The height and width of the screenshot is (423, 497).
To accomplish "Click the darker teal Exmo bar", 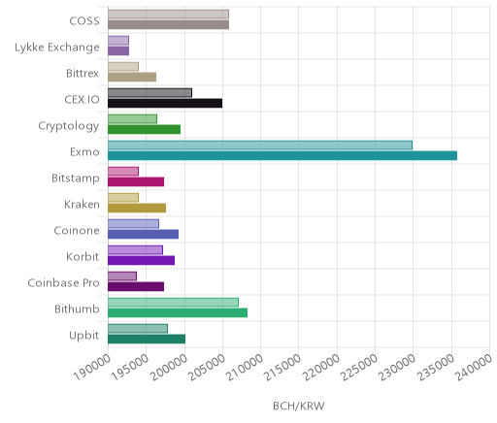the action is point(282,155).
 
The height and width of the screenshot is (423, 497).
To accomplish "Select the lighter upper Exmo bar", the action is point(260,146).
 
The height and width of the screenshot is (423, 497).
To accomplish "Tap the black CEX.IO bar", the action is point(165,103).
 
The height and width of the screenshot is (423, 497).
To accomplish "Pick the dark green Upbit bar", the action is point(147,339).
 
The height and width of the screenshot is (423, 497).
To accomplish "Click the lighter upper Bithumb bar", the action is point(173,303).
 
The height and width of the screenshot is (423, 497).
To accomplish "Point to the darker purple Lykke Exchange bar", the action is point(118,50).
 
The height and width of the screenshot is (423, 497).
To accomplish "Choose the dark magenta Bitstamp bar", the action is point(136,181).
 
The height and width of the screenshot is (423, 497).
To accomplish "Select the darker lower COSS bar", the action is point(169,24).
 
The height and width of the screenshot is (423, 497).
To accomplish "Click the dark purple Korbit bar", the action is point(142,260).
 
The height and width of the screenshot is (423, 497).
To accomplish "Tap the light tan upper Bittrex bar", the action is point(123,67).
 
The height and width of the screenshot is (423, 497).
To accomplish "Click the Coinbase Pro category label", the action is point(63,282).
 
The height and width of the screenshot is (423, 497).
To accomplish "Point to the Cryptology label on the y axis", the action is point(69,126).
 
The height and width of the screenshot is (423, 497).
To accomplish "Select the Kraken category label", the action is point(82,204).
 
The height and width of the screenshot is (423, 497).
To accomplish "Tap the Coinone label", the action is point(77,230).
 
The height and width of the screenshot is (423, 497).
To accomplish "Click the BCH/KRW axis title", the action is point(299,406).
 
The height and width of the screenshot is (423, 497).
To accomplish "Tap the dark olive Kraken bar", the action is point(137,208).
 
